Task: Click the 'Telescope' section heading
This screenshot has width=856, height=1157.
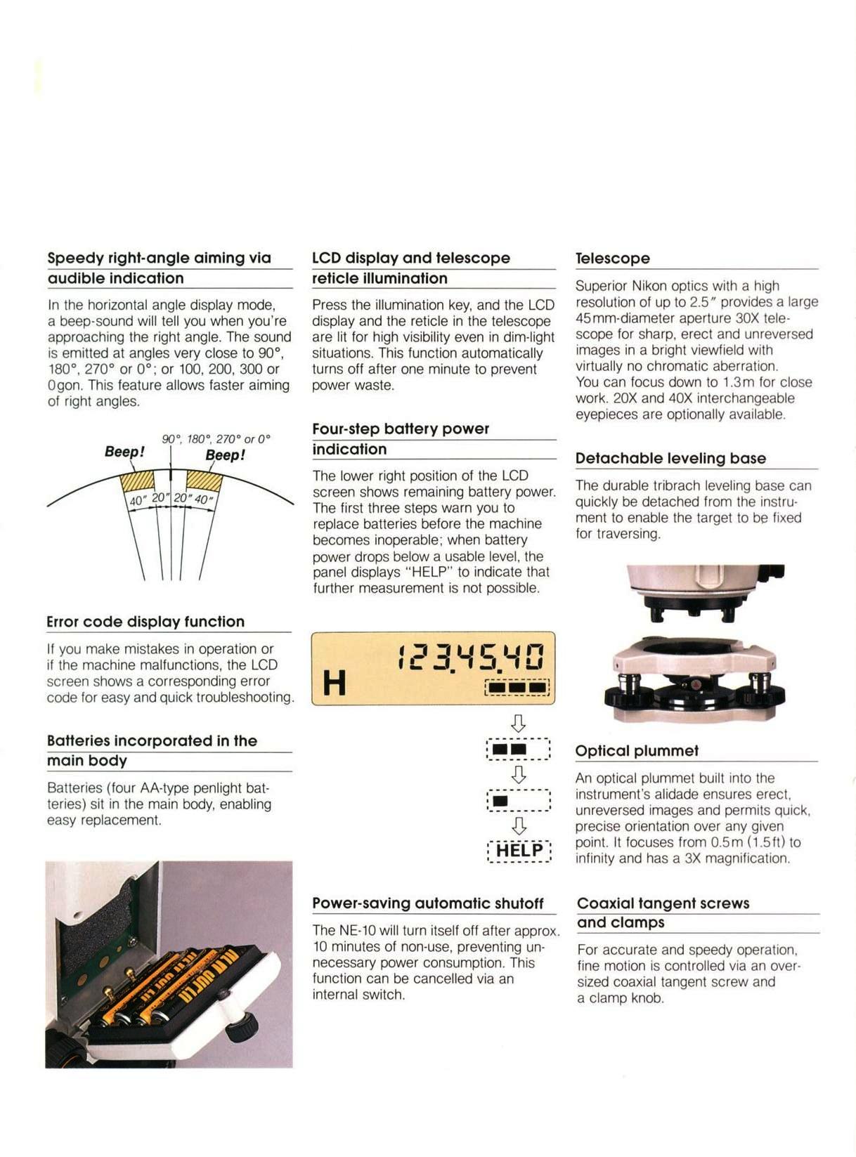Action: [612, 259]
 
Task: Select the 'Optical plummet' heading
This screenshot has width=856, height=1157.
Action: [637, 751]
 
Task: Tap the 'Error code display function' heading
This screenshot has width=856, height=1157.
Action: [145, 622]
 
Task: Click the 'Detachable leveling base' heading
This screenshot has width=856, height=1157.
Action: [670, 459]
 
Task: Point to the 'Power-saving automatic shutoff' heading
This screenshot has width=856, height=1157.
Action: [427, 903]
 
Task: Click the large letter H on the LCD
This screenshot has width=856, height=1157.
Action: [334, 682]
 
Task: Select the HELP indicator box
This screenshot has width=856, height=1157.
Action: [519, 851]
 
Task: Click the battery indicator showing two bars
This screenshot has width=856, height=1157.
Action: [518, 749]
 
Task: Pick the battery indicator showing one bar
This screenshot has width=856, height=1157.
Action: [518, 801]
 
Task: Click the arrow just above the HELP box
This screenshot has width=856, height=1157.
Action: [519, 825]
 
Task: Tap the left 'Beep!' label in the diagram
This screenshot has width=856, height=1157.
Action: [124, 452]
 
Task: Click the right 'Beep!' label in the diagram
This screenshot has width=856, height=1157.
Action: [225, 455]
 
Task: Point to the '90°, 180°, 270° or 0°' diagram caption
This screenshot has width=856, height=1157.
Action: [216, 439]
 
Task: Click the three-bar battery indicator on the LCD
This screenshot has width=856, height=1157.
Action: [517, 686]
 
